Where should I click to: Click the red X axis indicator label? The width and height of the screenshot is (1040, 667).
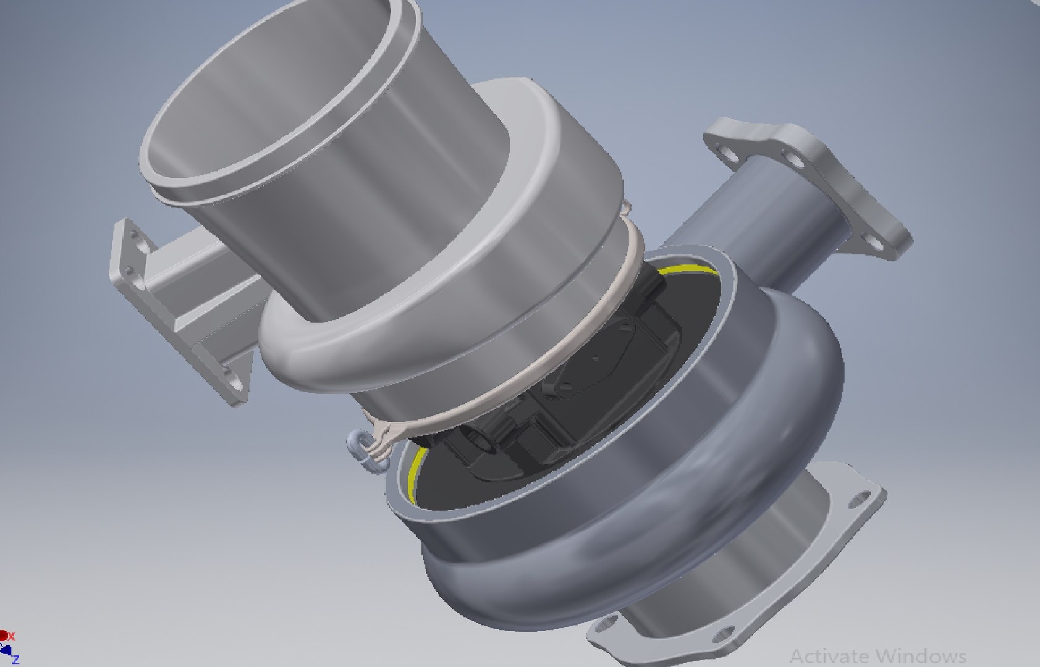point(11,636)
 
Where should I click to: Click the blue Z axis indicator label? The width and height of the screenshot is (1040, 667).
point(16,660)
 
